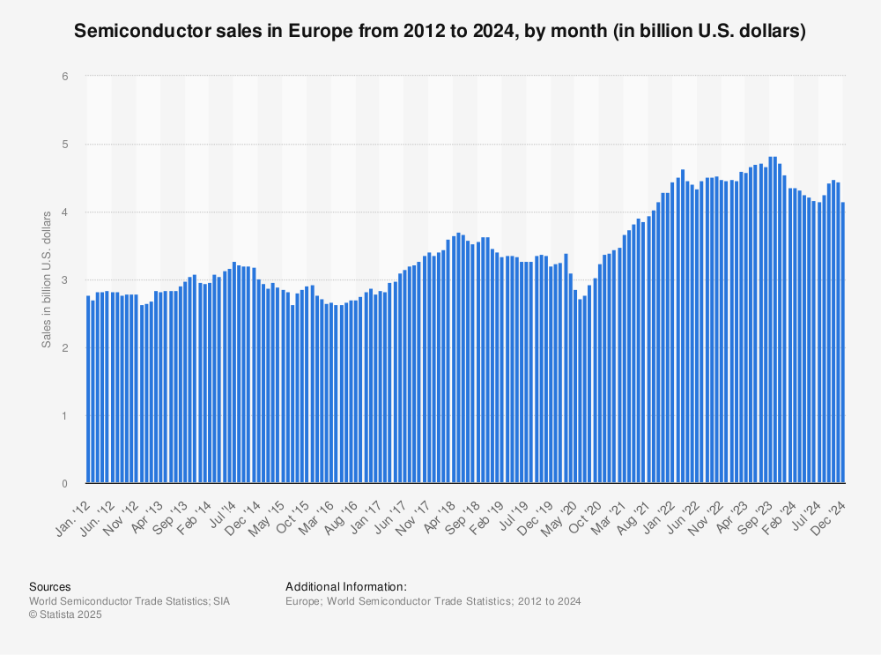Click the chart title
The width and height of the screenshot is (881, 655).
440,32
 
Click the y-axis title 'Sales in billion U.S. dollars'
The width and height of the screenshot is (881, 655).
46,280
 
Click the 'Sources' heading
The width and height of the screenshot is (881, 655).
49,586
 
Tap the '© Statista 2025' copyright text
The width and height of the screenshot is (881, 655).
65,614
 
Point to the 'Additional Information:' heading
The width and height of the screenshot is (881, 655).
345,586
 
